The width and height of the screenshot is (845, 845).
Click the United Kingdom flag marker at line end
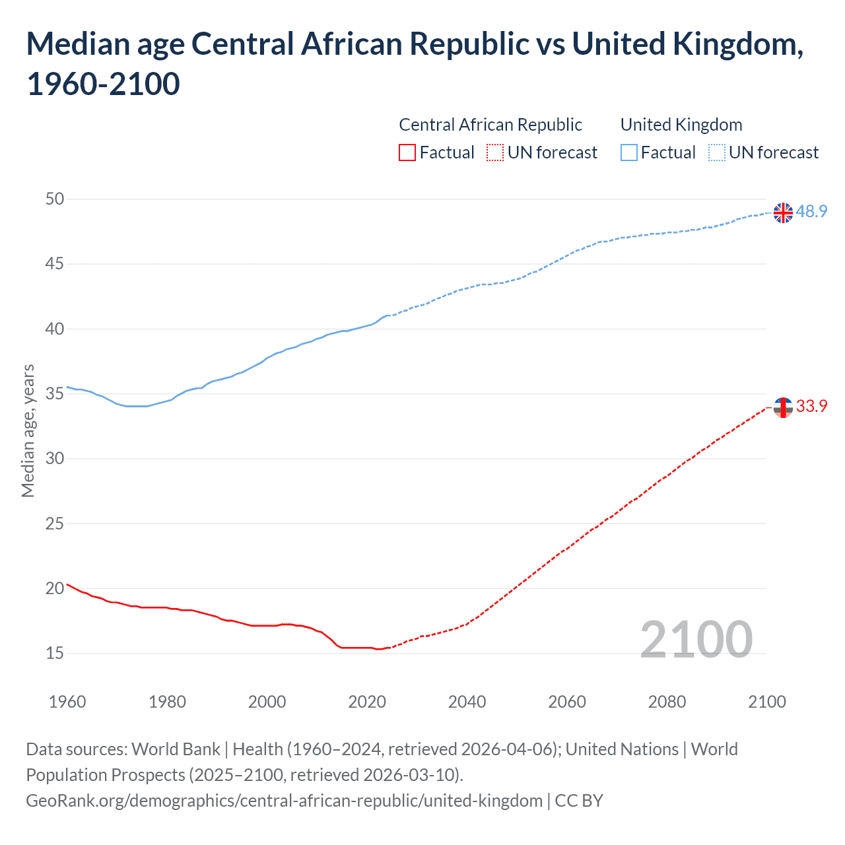pos(783,213)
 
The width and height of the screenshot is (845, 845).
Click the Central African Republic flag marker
pos(783,407)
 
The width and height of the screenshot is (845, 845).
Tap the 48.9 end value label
pos(811,211)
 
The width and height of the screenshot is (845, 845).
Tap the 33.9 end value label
pos(811,406)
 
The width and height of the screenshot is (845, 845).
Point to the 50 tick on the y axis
pos(55,199)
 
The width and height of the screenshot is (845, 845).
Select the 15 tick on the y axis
pos(55,653)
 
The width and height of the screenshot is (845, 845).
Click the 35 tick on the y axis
pos(55,393)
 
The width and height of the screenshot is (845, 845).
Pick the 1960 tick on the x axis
pos(67,702)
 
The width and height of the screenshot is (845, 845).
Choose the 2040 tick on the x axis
pos(467,702)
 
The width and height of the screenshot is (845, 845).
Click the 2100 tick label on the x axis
pos(766,702)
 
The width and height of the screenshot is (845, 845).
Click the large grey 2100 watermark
pos(696,639)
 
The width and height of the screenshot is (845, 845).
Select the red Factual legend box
pos(407,152)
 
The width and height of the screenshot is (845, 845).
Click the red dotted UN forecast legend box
pos(495,152)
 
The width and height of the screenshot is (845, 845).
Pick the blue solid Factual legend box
pos(629,152)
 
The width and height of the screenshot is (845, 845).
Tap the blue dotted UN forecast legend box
pos(716,152)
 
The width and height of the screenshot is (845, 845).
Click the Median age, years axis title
pos(28,430)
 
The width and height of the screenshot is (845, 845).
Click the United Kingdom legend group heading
pos(681,125)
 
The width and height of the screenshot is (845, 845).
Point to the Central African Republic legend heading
pos(490,125)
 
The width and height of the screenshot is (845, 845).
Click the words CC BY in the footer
pos(579,801)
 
